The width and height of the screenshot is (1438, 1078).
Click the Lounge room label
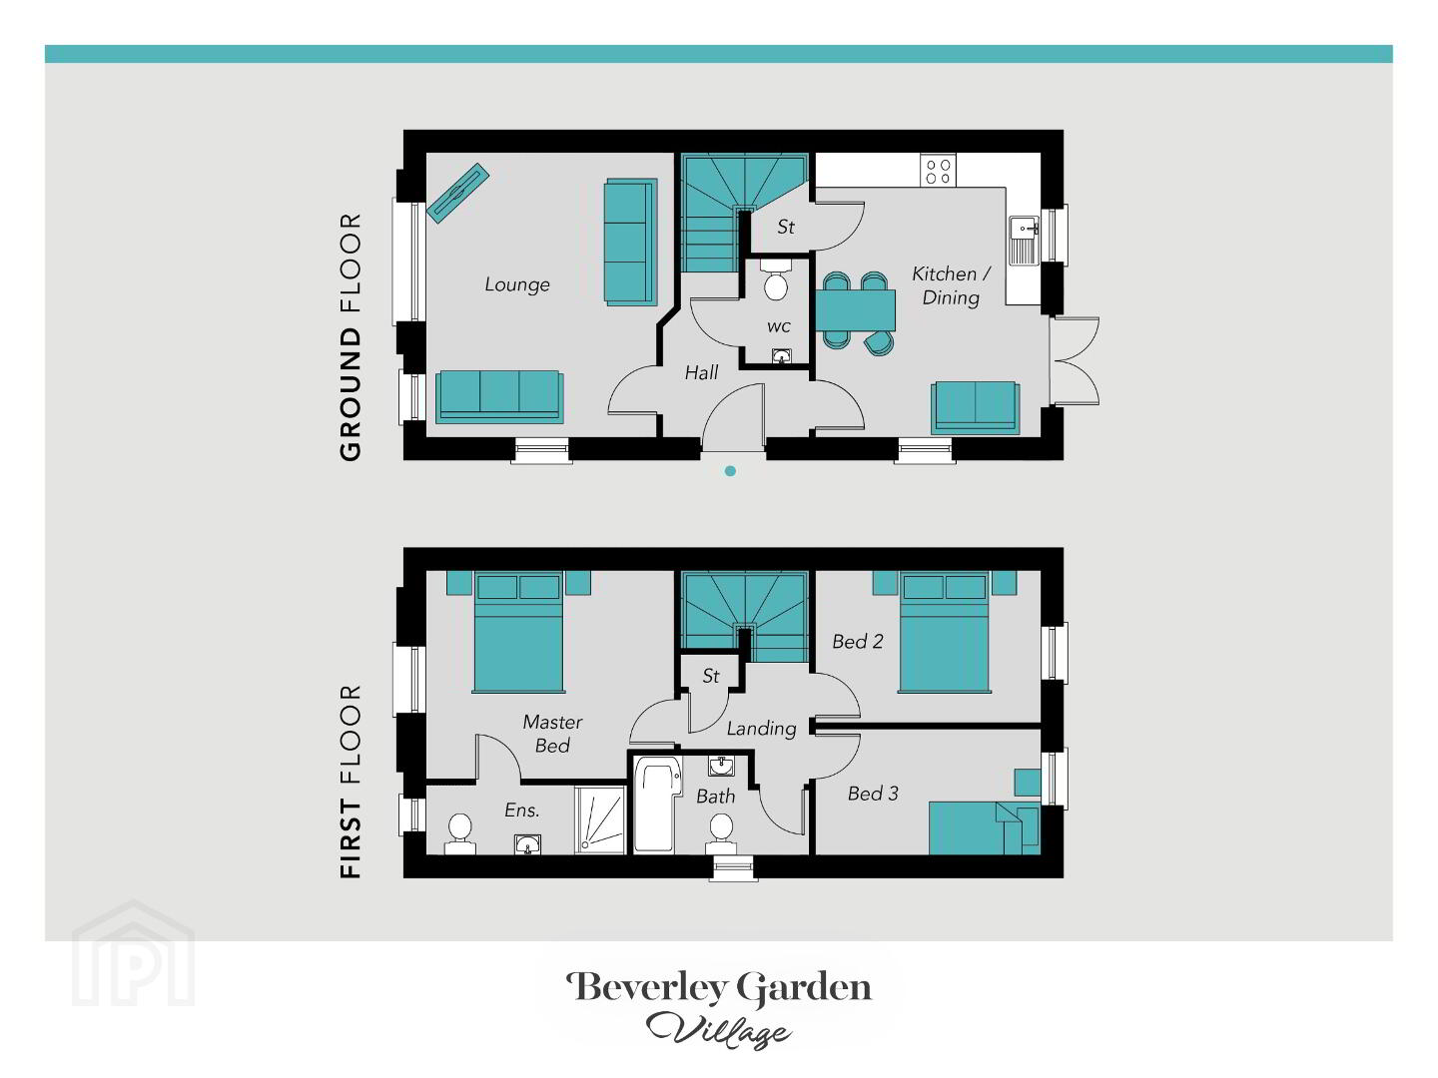click(517, 284)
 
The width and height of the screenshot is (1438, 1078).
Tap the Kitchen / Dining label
click(951, 285)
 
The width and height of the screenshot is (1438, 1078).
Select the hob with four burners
click(938, 170)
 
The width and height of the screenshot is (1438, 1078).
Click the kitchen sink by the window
click(1024, 241)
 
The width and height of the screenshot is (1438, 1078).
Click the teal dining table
click(855, 310)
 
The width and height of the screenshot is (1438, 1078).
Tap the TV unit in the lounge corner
click(458, 193)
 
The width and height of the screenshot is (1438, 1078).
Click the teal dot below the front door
click(730, 470)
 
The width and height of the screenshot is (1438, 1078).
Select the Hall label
click(701, 372)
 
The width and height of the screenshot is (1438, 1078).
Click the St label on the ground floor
click(786, 228)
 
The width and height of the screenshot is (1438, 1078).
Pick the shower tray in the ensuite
click(599, 820)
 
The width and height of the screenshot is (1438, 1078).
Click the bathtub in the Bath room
click(658, 805)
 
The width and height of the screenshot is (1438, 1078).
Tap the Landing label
click(761, 729)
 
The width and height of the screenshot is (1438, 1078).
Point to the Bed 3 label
click(873, 794)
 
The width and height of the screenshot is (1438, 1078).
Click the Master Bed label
click(552, 734)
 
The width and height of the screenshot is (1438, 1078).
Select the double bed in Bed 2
click(944, 632)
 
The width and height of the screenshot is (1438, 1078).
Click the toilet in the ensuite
click(460, 833)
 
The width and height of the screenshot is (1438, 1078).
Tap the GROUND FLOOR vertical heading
click(351, 337)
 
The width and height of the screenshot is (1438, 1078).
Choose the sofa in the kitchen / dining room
click(976, 408)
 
